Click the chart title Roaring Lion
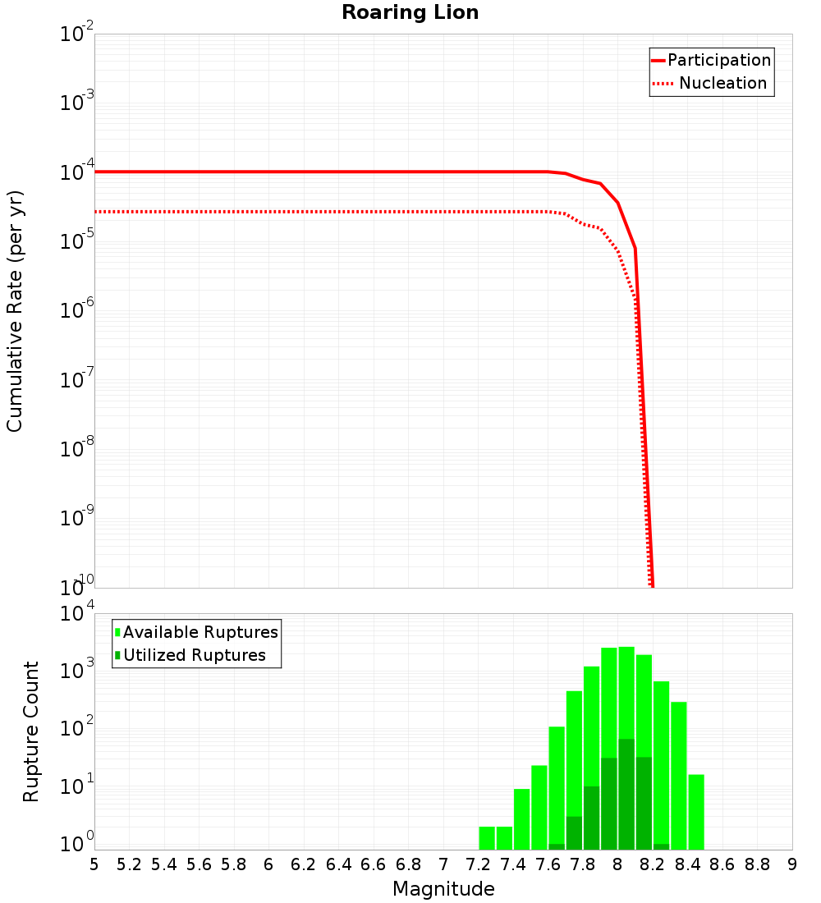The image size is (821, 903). (x=410, y=12)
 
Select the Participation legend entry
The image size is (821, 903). (x=718, y=61)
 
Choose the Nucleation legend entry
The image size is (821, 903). (x=722, y=84)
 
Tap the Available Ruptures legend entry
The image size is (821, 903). (x=200, y=633)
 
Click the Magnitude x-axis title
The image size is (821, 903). (x=443, y=889)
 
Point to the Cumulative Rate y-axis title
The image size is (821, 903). (x=15, y=311)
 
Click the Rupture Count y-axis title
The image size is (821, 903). (x=31, y=731)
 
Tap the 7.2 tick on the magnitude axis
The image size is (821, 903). (x=478, y=864)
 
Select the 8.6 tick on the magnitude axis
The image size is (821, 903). (x=722, y=864)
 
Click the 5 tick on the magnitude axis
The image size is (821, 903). (x=94, y=864)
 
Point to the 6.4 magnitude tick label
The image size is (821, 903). (x=338, y=864)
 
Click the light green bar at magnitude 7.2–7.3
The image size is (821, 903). (x=487, y=837)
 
